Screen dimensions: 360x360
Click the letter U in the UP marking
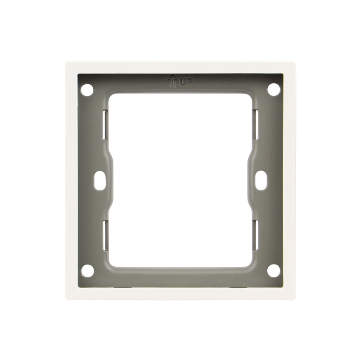pos(182,82)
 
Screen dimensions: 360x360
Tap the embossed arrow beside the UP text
pos(172,81)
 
